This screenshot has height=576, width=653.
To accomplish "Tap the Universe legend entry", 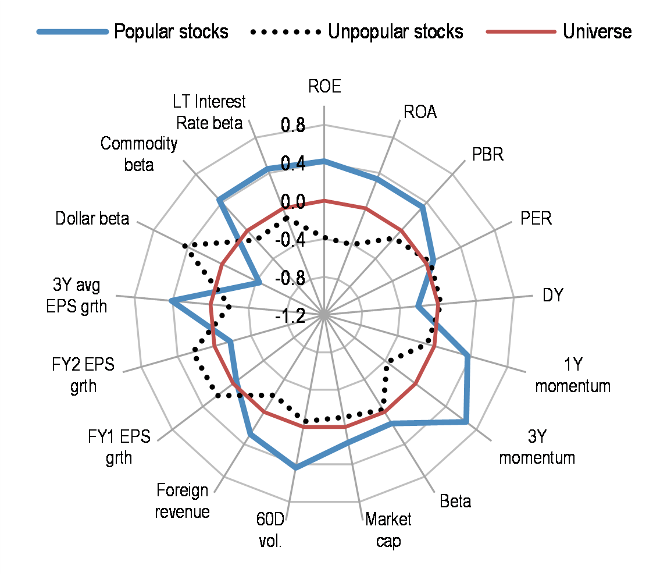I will click(x=597, y=31).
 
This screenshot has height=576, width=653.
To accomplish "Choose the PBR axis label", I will click(x=487, y=155).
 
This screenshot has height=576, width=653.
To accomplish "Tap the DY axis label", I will click(x=554, y=295).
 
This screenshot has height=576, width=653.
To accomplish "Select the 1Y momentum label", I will click(x=572, y=375).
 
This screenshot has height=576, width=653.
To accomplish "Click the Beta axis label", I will click(x=455, y=501).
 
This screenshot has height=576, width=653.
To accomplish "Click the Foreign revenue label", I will click(x=183, y=501).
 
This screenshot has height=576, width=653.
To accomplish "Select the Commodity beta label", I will click(x=139, y=154).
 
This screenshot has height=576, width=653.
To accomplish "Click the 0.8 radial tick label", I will click(x=292, y=125).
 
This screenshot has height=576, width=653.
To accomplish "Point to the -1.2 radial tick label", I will click(x=290, y=316).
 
